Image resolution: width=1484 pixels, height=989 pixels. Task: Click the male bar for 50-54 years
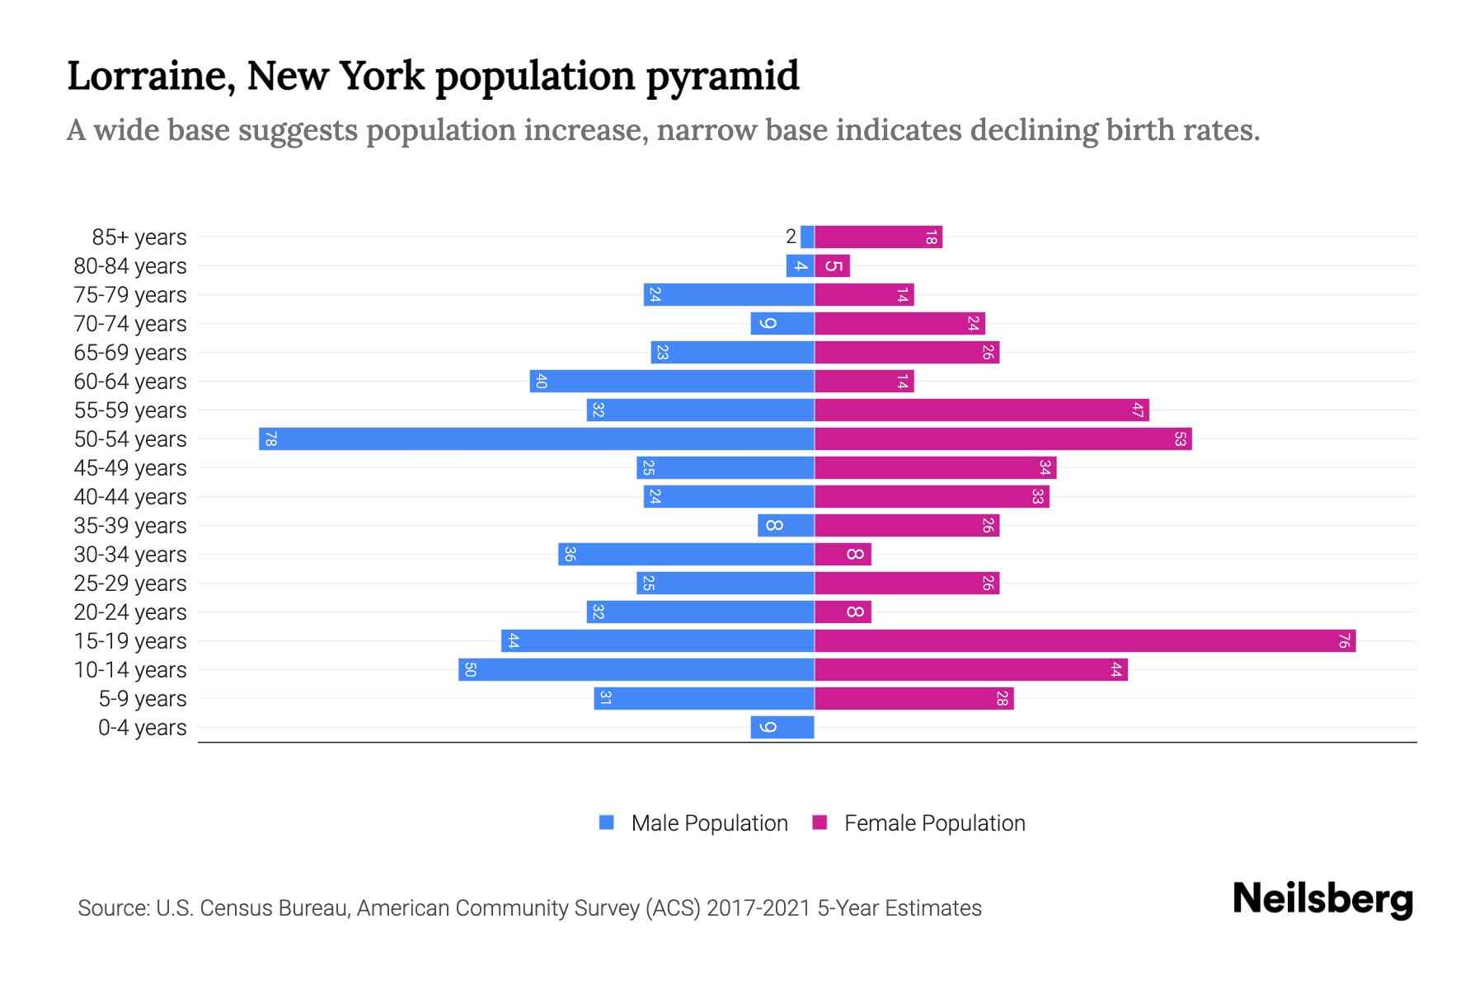tap(536, 438)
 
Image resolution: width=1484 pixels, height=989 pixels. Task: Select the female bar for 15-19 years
tap(1085, 640)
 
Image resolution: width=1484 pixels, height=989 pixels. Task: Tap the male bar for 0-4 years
tap(782, 727)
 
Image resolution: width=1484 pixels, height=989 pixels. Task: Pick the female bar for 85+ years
tap(879, 237)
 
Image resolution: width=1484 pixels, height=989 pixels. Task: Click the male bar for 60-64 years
tap(672, 381)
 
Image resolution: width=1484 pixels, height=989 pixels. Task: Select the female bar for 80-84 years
tap(833, 266)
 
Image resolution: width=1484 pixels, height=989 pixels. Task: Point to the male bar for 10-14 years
tap(636, 669)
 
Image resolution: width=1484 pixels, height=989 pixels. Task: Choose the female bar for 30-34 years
tap(843, 554)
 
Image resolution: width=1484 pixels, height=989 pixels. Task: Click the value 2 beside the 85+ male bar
tap(791, 237)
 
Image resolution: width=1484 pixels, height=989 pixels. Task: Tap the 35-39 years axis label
tap(130, 526)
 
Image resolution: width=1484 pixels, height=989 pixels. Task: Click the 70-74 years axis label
tap(130, 324)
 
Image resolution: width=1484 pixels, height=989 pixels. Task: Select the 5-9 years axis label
tap(143, 699)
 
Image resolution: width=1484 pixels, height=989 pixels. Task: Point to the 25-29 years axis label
tap(130, 584)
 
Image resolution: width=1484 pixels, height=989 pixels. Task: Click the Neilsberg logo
tap(1322, 899)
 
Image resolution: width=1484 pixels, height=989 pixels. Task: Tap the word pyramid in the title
tap(722, 77)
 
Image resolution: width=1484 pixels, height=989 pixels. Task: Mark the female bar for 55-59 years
tap(982, 410)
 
